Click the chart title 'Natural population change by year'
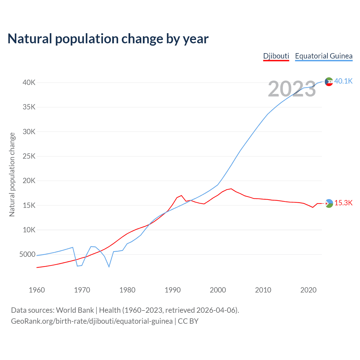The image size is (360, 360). click(108, 39)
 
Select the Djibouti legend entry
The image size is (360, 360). click(276, 56)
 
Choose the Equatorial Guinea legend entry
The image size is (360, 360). click(323, 56)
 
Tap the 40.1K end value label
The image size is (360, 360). click(343, 81)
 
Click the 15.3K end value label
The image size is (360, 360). click(343, 203)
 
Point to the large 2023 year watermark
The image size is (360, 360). click(292, 89)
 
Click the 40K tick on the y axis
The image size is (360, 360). click(29, 83)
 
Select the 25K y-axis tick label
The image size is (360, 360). click(29, 156)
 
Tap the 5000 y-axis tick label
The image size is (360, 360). click(27, 255)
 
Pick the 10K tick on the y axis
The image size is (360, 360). click(29, 230)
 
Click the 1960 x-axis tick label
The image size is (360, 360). click(37, 290)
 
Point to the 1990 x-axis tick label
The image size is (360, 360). click(173, 290)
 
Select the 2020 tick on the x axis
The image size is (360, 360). click(309, 290)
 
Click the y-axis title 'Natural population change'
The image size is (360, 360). click(12, 174)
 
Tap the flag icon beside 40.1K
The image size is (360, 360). click(329, 82)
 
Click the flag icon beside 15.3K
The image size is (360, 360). click(329, 203)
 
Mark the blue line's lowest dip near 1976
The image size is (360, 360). click(109, 267)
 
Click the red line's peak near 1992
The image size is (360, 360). click(181, 195)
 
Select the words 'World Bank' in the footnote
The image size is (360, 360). click(75, 310)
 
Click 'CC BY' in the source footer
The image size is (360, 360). click(188, 321)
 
